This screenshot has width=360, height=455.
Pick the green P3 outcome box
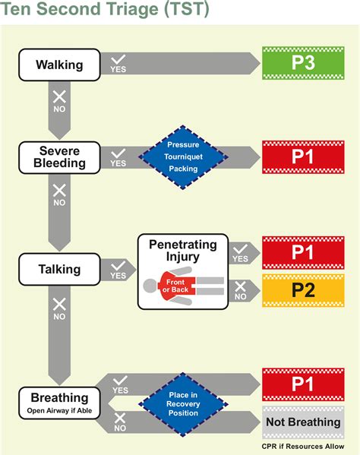pyautogui.click(x=303, y=62)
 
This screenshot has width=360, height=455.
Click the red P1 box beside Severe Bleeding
pyautogui.click(x=303, y=156)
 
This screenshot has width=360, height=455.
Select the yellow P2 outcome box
pyautogui.click(x=303, y=290)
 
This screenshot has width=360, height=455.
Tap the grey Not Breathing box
pyautogui.click(x=303, y=422)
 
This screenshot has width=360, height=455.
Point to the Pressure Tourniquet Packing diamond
pyautogui.click(x=182, y=157)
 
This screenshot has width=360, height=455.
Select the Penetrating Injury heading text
pyautogui.click(x=182, y=251)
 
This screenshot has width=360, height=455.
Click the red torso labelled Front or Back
pyautogui.click(x=182, y=286)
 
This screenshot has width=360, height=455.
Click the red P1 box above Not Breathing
pyautogui.click(x=303, y=384)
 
